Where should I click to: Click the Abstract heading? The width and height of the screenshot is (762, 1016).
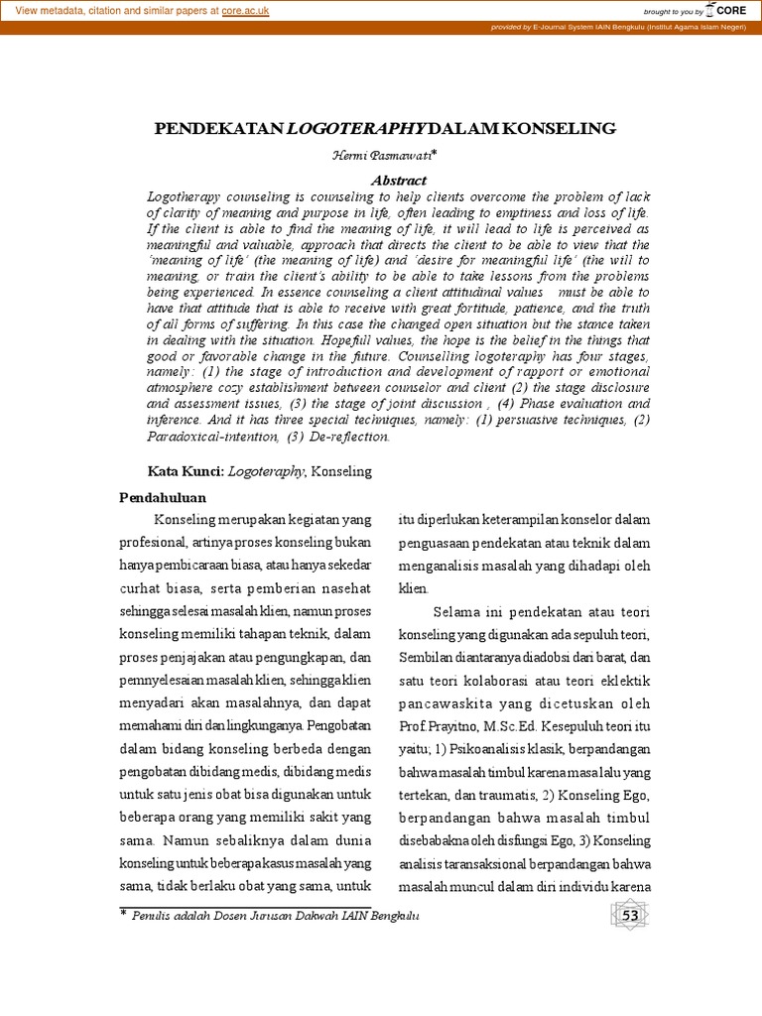(399, 181)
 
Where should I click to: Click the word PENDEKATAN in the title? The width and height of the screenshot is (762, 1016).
(218, 129)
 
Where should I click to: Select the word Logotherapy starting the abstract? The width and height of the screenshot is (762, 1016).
(188, 196)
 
